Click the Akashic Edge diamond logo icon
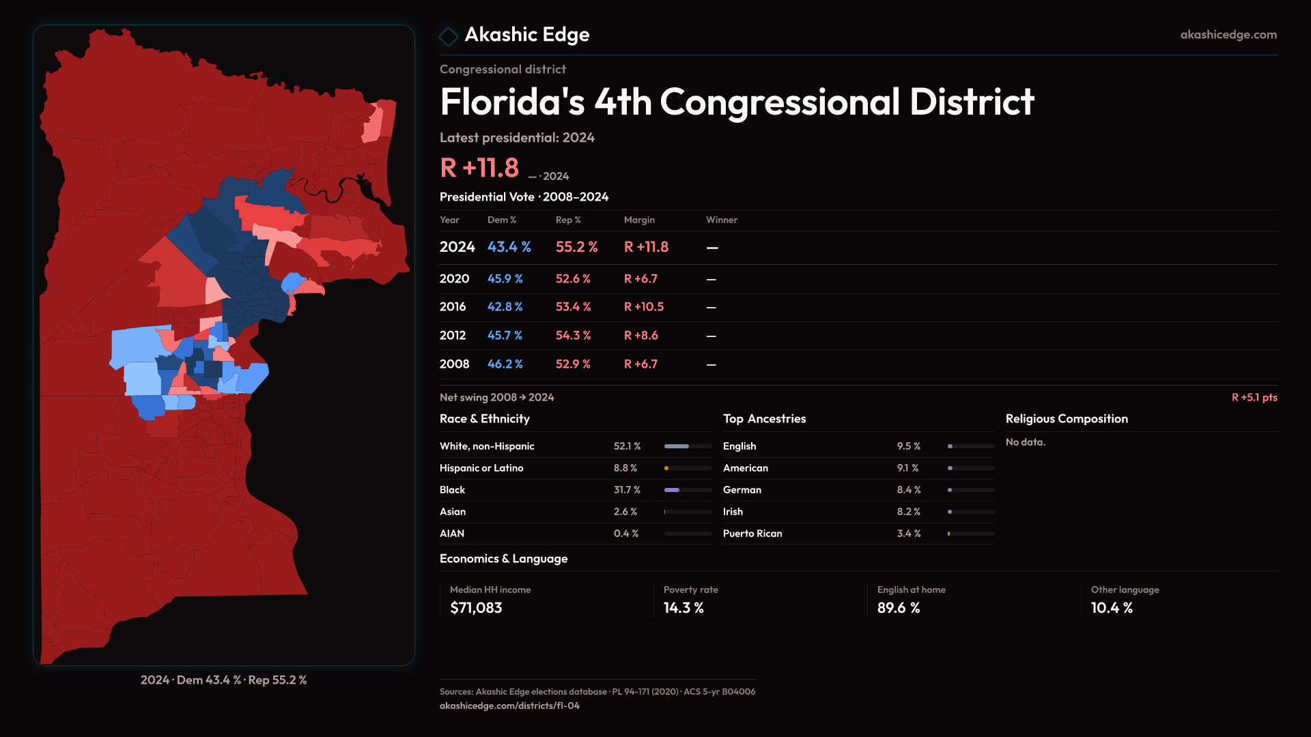448,36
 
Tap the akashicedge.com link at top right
1228,35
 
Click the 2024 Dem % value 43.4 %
509,247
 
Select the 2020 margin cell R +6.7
640,279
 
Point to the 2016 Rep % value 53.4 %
573,307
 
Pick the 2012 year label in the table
453,336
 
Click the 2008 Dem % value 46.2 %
505,364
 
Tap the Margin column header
639,220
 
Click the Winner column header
721,220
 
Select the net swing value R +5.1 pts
1254,397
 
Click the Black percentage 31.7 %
627,490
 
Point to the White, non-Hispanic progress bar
688,446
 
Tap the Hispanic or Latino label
481,468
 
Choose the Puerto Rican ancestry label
752,534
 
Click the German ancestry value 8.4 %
909,490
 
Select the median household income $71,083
476,608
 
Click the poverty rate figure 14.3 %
683,608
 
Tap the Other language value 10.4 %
1112,608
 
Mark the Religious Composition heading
1067,419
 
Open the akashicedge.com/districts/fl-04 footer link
509,706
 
